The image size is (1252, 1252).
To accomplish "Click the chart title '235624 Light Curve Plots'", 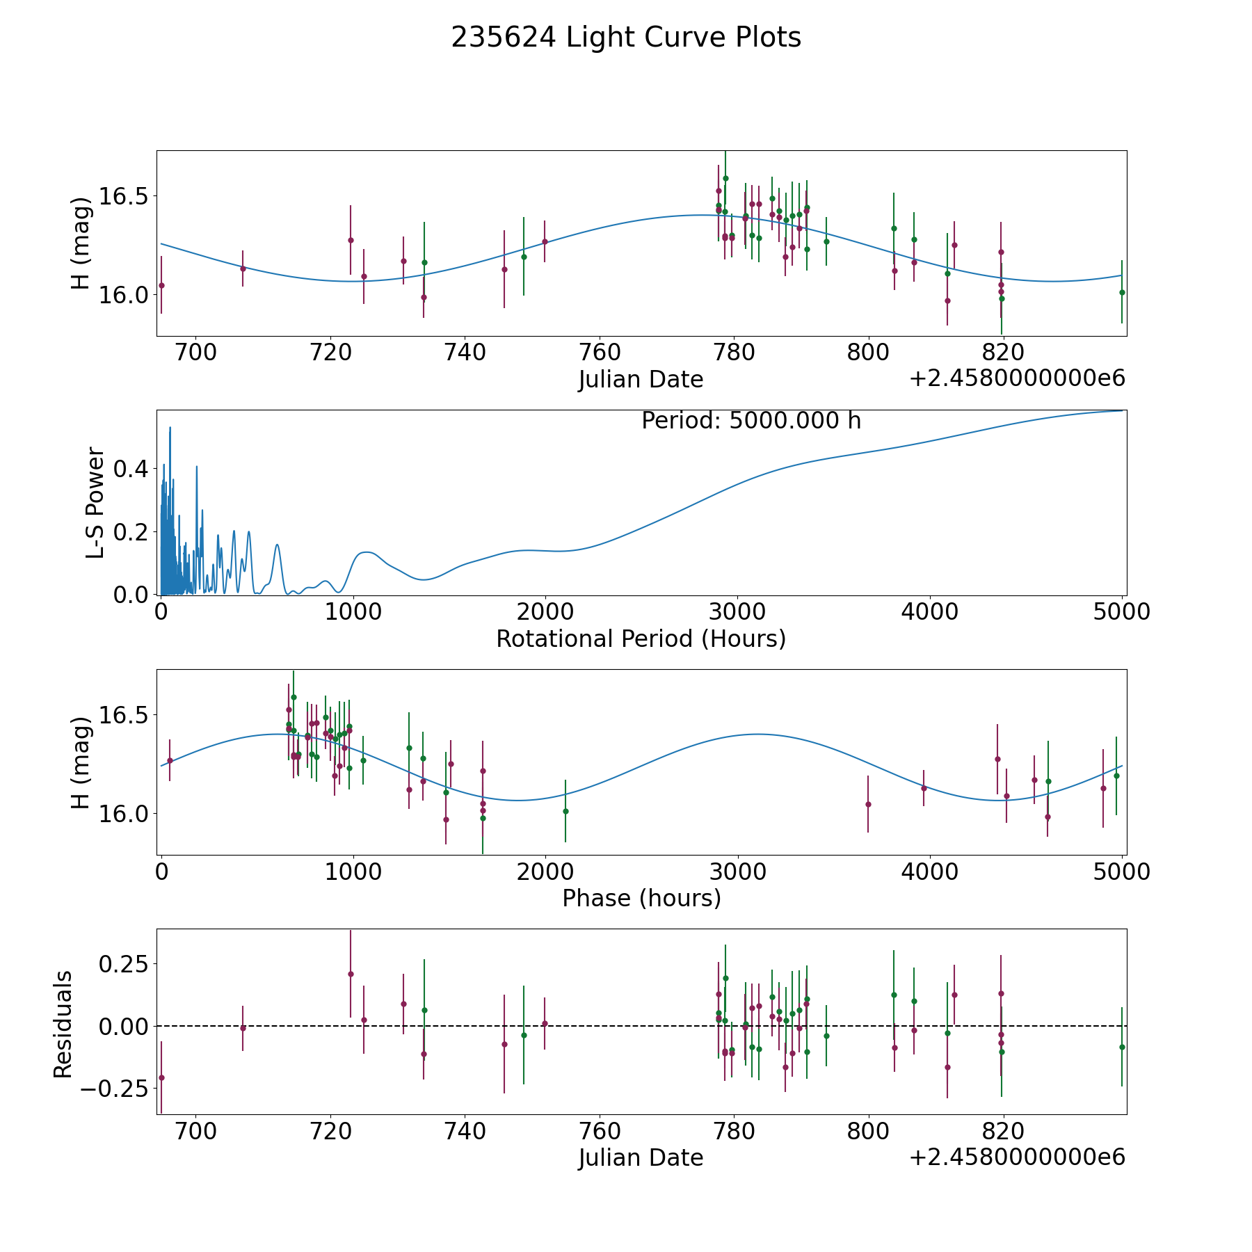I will pyautogui.click(x=626, y=38).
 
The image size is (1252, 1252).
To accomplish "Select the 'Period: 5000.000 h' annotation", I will pyautogui.click(x=751, y=421).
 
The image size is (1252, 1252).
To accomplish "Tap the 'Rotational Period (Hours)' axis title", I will pyautogui.click(x=641, y=639).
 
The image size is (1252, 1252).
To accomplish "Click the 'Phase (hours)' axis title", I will pyautogui.click(x=641, y=898).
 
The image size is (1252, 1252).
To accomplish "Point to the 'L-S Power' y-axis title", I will pyautogui.click(x=95, y=503).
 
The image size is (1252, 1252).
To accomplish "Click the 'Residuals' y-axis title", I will pyautogui.click(x=63, y=1025).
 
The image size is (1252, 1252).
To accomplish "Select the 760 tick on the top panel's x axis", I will pyautogui.click(x=599, y=352).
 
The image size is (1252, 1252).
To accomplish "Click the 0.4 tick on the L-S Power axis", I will pyautogui.click(x=132, y=469).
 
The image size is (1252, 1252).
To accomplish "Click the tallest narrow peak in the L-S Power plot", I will pyautogui.click(x=170, y=428).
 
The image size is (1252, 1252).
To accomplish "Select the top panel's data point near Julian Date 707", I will pyautogui.click(x=243, y=268).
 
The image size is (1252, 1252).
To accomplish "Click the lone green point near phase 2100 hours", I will pyautogui.click(x=565, y=811).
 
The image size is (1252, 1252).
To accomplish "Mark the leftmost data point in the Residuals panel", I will pyautogui.click(x=161, y=1077).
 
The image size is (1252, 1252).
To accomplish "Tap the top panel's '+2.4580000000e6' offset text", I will pyautogui.click(x=1017, y=379).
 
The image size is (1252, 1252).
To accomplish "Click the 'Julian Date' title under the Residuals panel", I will pyautogui.click(x=641, y=1158).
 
